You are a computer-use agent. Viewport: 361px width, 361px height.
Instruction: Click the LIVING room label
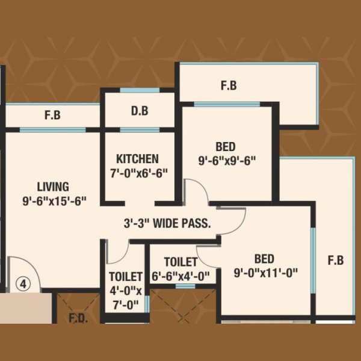click(x=53, y=187)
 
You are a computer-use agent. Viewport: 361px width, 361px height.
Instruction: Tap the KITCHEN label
click(x=137, y=159)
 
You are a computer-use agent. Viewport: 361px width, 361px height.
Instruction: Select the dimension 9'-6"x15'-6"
click(x=54, y=201)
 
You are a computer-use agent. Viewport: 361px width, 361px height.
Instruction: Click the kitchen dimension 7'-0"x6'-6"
click(x=139, y=173)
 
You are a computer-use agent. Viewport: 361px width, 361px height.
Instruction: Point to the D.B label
click(x=140, y=111)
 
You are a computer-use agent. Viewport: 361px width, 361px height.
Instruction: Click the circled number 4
click(x=23, y=285)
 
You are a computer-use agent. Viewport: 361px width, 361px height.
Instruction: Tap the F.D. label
click(x=78, y=318)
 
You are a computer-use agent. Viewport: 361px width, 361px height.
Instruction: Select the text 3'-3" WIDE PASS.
click(x=167, y=223)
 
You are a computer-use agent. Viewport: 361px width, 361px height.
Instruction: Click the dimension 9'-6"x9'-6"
click(x=227, y=161)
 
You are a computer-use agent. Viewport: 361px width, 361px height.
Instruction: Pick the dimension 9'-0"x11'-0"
click(x=266, y=273)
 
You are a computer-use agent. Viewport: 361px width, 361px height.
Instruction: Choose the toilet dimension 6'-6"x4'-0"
click(x=180, y=276)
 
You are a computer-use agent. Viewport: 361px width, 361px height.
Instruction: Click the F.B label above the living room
click(x=53, y=115)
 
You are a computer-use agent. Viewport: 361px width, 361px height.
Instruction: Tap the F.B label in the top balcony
click(x=229, y=85)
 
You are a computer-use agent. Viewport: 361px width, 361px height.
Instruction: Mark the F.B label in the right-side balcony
click(x=336, y=261)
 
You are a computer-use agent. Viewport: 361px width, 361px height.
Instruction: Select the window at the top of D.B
click(x=140, y=90)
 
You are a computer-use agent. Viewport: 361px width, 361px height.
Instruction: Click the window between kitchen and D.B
click(x=140, y=130)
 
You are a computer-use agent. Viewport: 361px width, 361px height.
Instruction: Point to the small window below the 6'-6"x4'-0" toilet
click(x=185, y=286)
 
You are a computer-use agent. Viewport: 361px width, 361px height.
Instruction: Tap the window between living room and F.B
click(x=53, y=130)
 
